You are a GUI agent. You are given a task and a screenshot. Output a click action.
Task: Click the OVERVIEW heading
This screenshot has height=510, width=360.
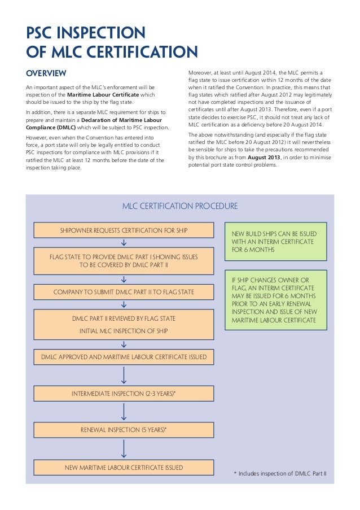(46, 73)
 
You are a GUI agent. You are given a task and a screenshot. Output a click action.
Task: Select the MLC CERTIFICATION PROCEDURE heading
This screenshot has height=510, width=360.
(180, 206)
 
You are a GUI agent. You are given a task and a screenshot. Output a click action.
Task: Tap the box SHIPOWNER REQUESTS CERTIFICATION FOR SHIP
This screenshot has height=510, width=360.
(124, 230)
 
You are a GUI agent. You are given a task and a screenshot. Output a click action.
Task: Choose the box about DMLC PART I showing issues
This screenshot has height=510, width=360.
(124, 261)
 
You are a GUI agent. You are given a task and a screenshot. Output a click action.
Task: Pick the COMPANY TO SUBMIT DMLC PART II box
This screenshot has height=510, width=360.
(124, 292)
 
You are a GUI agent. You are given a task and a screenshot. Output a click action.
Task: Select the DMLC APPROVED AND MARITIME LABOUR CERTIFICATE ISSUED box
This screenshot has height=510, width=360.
(124, 357)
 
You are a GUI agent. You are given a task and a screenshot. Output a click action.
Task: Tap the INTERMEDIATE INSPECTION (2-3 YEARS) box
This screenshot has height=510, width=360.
(124, 393)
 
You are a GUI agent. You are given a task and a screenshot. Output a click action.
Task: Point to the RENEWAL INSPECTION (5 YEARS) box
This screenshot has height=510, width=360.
(124, 430)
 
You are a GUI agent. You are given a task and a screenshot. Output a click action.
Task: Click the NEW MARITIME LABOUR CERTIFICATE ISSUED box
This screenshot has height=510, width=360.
(124, 468)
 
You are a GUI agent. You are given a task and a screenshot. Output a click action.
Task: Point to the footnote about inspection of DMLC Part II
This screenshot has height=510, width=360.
(280, 474)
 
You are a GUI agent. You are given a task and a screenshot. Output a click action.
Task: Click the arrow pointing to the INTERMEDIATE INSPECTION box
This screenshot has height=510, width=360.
(124, 376)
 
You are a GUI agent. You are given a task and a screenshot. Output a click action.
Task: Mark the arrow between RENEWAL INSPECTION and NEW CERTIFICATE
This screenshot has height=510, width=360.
(124, 448)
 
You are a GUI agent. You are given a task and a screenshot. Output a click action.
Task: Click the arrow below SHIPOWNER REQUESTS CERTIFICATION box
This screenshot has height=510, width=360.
(124, 243)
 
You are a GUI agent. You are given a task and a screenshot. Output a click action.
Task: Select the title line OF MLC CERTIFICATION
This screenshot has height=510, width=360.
(112, 53)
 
